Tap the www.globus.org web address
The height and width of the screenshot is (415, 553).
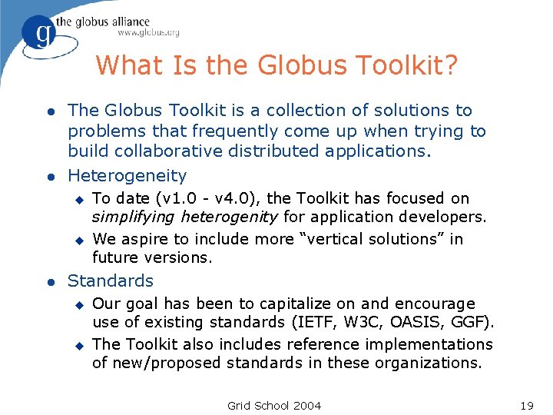(x=148, y=33)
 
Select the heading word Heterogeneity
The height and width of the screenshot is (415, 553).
(x=127, y=176)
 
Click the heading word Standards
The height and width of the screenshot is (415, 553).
(x=111, y=281)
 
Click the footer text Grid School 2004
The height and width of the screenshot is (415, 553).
(x=274, y=405)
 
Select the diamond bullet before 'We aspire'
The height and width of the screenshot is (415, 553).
(x=77, y=240)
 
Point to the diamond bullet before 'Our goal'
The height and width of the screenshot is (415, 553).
(x=77, y=304)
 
